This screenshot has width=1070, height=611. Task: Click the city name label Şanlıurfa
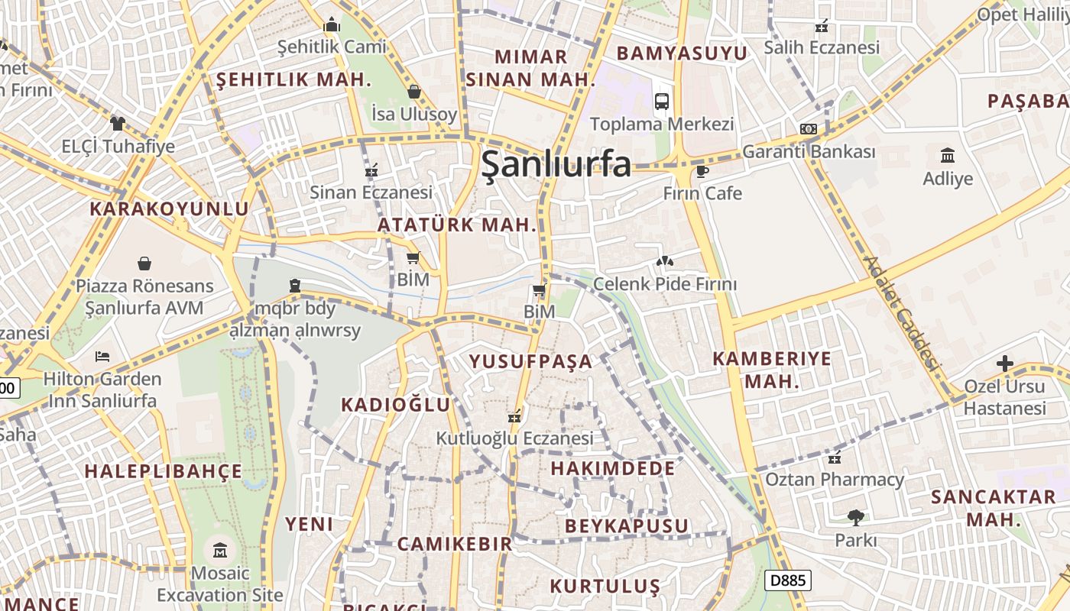pos(556,163)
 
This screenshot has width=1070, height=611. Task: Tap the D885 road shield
pos(787,580)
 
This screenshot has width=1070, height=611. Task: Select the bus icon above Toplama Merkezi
pos(662,101)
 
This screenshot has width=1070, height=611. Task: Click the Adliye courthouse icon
pos(948,156)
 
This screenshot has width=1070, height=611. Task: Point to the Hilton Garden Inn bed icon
pos(102,357)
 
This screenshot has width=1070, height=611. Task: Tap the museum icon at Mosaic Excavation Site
pos(220,550)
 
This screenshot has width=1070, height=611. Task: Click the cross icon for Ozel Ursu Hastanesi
pos(1004,364)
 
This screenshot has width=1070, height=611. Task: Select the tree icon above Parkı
pos(855,518)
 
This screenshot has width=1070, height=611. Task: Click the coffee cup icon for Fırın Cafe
pos(702,171)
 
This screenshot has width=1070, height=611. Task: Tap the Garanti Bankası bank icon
pos(808,129)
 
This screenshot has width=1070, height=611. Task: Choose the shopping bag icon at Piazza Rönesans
pos(144,263)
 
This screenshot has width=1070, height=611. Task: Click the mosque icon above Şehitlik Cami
pos(331,25)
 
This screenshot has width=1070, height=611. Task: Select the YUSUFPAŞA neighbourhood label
pos(530,361)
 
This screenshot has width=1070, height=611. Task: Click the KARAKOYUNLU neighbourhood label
pos(169,209)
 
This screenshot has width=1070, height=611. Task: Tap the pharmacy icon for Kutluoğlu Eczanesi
pos(514,416)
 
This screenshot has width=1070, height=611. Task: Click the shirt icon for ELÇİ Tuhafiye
pos(117,123)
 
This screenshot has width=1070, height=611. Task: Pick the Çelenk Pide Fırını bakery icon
pos(664,262)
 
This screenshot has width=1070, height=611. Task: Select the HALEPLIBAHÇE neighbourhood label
pos(163,471)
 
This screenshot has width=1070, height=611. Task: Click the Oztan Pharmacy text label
pos(834,480)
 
